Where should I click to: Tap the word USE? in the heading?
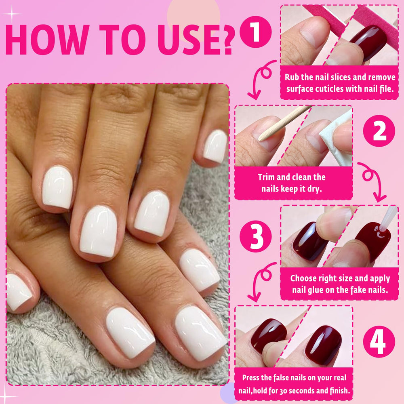click(196, 40)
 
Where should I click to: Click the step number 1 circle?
click(256, 32)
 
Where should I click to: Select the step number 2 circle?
click(379, 131)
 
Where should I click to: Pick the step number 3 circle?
click(256, 236)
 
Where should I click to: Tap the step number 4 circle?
click(379, 342)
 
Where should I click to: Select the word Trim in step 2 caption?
click(266, 177)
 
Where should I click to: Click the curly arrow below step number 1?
click(261, 79)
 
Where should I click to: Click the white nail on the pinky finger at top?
click(215, 146)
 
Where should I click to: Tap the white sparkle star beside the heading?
click(12, 14)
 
